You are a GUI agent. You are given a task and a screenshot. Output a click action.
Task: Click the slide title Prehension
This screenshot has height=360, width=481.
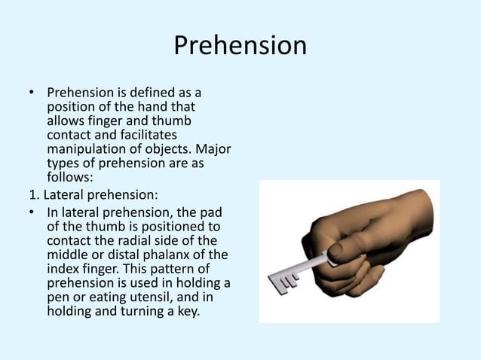[240, 47]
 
